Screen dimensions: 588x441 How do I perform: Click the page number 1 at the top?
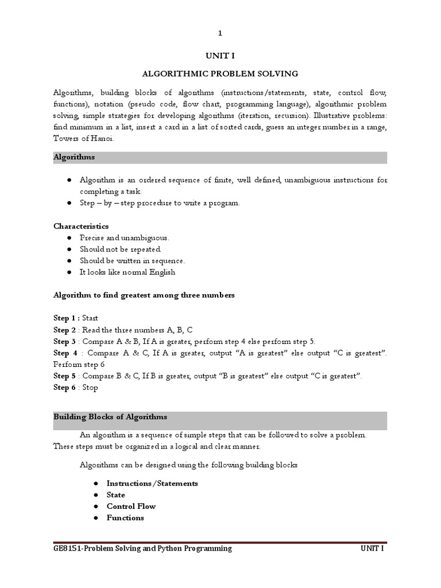[x=220, y=34]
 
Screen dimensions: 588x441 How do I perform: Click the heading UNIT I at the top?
[x=220, y=56]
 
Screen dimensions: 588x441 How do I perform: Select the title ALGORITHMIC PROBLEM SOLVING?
[x=220, y=73]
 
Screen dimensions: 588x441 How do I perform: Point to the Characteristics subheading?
[x=80, y=226]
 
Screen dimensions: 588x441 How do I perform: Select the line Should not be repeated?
[x=121, y=249]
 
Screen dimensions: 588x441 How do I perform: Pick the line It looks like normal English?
[x=127, y=272]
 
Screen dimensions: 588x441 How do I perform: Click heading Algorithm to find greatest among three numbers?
[x=144, y=295]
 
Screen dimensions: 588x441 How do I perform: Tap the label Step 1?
[x=65, y=318]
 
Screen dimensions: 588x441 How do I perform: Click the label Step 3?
[x=65, y=341]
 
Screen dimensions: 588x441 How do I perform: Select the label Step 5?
[x=65, y=376]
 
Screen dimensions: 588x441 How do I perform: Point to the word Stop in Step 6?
[x=90, y=388]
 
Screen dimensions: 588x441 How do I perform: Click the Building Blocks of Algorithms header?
[x=110, y=417]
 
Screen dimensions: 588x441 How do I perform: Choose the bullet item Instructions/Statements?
[x=152, y=483]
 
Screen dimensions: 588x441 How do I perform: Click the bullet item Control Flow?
[x=131, y=506]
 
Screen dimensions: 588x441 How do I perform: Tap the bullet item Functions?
[x=125, y=518]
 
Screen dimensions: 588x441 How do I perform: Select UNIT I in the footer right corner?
[x=372, y=548]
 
